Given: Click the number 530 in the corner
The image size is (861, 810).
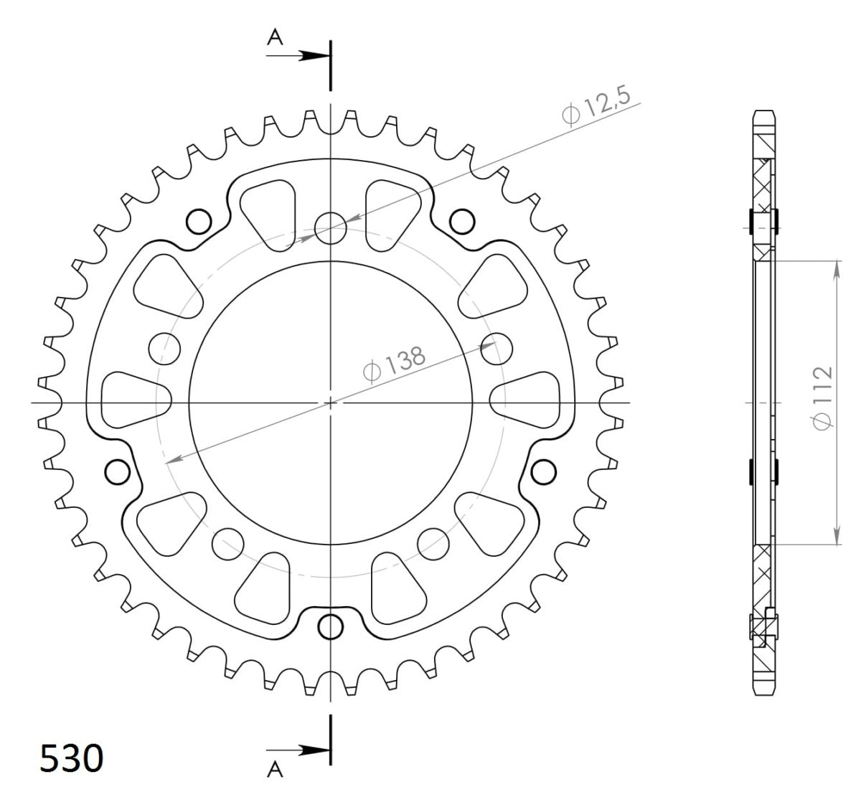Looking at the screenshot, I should tap(71, 758).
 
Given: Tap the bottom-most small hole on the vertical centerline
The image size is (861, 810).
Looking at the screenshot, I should tap(331, 626).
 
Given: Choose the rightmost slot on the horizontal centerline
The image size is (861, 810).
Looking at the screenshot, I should tap(525, 399).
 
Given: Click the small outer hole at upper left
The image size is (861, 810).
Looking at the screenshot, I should tap(199, 222).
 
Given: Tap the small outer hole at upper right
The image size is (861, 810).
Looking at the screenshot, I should tap(461, 221).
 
